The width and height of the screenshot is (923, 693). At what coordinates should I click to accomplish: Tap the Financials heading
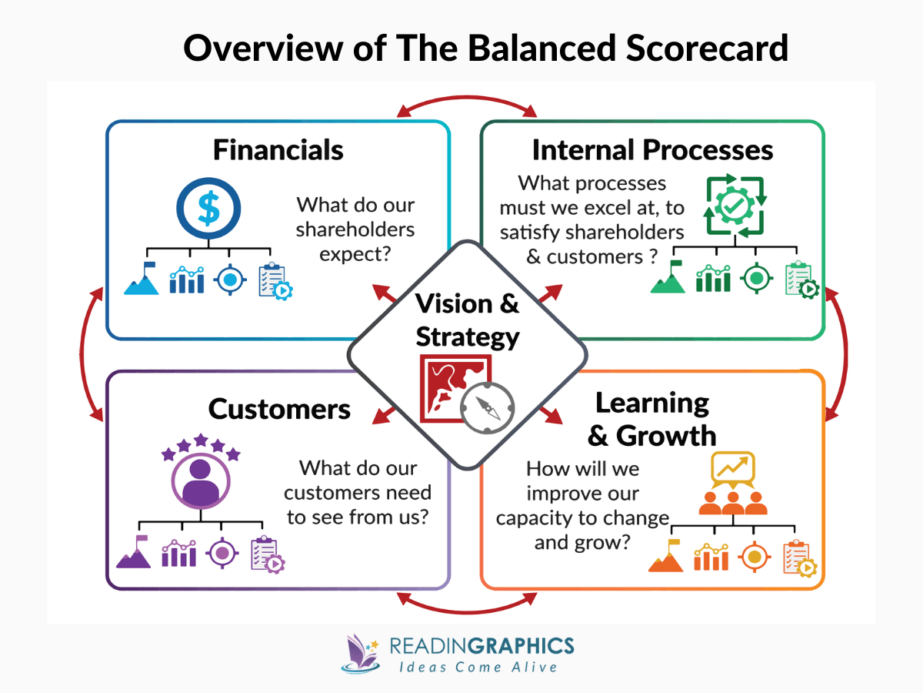click(x=278, y=149)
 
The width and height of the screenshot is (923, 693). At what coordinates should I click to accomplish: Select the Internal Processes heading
click(x=652, y=149)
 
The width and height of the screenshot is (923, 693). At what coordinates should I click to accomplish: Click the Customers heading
click(x=279, y=409)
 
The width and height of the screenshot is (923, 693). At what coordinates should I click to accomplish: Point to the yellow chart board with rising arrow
click(x=733, y=467)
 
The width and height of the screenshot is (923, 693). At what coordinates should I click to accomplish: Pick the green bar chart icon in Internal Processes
click(x=713, y=279)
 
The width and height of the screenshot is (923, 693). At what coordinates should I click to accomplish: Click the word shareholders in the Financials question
click(x=355, y=229)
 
